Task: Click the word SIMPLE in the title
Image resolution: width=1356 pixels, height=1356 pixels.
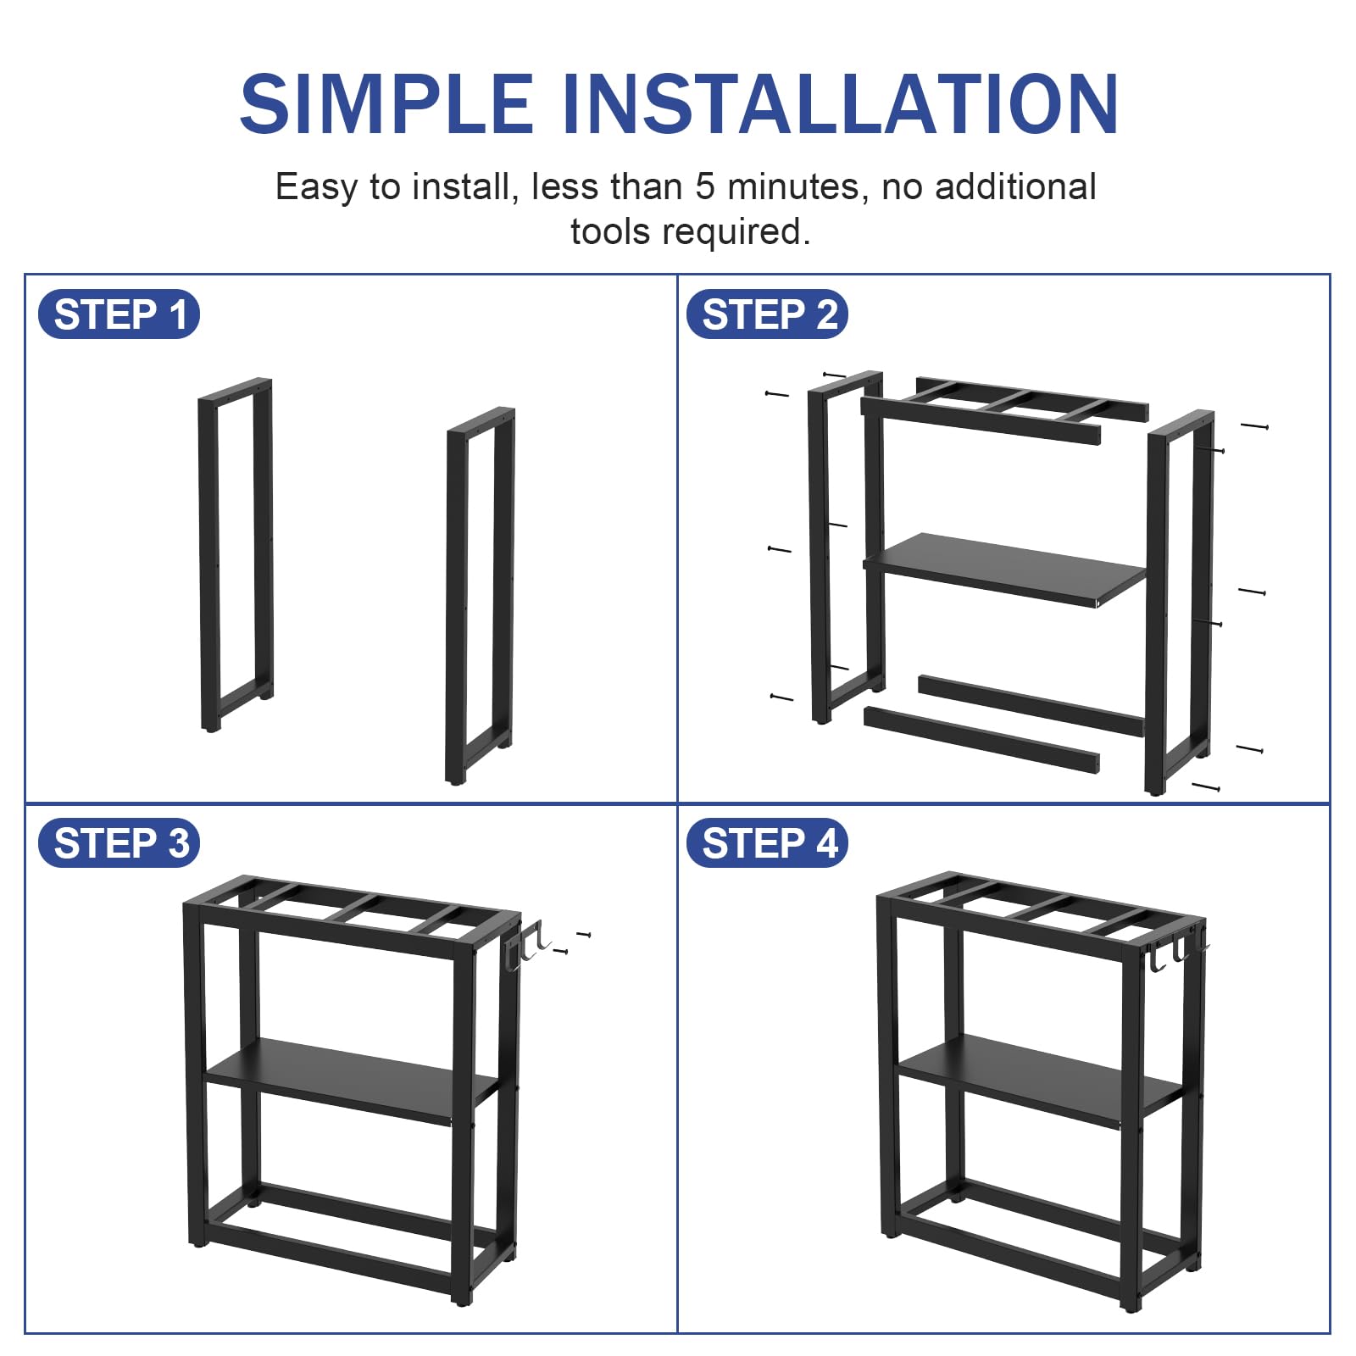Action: [x=386, y=104]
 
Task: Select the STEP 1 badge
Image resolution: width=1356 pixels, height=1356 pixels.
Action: [x=119, y=314]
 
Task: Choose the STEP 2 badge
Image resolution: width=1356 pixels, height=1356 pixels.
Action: [x=768, y=314]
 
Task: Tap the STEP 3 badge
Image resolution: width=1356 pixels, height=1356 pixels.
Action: [x=119, y=843]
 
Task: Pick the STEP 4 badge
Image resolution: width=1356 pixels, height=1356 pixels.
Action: [x=768, y=843]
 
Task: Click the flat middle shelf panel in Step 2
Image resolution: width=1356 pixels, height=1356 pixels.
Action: [x=1005, y=568]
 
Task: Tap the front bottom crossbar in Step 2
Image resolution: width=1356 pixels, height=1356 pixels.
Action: [x=981, y=740]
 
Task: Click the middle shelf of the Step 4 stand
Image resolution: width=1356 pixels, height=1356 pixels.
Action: [x=1039, y=1080]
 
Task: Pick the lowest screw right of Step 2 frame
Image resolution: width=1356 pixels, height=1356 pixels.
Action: [x=1206, y=787]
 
